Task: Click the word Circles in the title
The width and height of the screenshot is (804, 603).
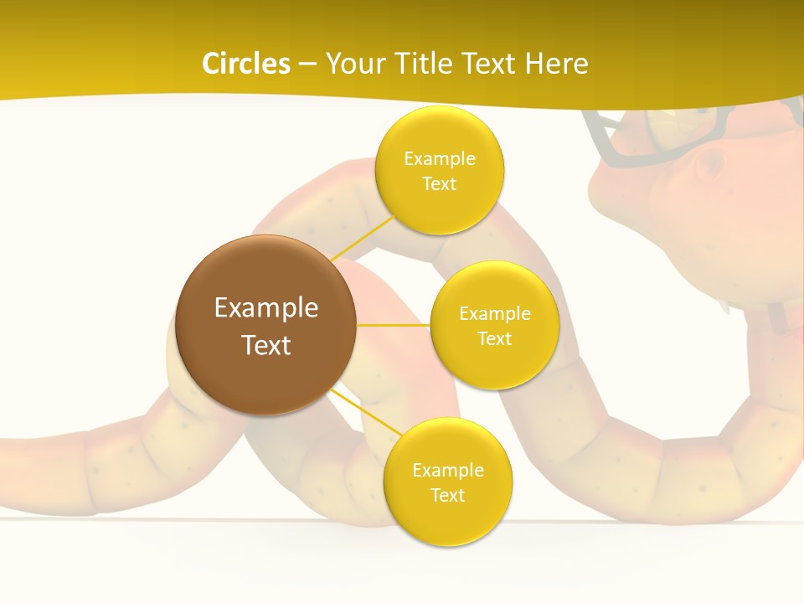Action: (x=246, y=64)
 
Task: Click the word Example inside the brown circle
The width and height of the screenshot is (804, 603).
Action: (x=266, y=308)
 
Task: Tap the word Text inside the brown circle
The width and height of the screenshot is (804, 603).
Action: (x=266, y=345)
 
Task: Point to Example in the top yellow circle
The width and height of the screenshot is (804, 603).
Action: (x=439, y=159)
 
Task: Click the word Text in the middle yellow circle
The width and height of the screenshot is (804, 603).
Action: (x=494, y=339)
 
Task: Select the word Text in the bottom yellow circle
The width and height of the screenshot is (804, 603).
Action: (x=447, y=496)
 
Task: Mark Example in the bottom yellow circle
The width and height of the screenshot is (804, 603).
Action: (x=447, y=471)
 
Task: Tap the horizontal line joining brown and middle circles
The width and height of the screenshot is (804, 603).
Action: (x=394, y=325)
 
